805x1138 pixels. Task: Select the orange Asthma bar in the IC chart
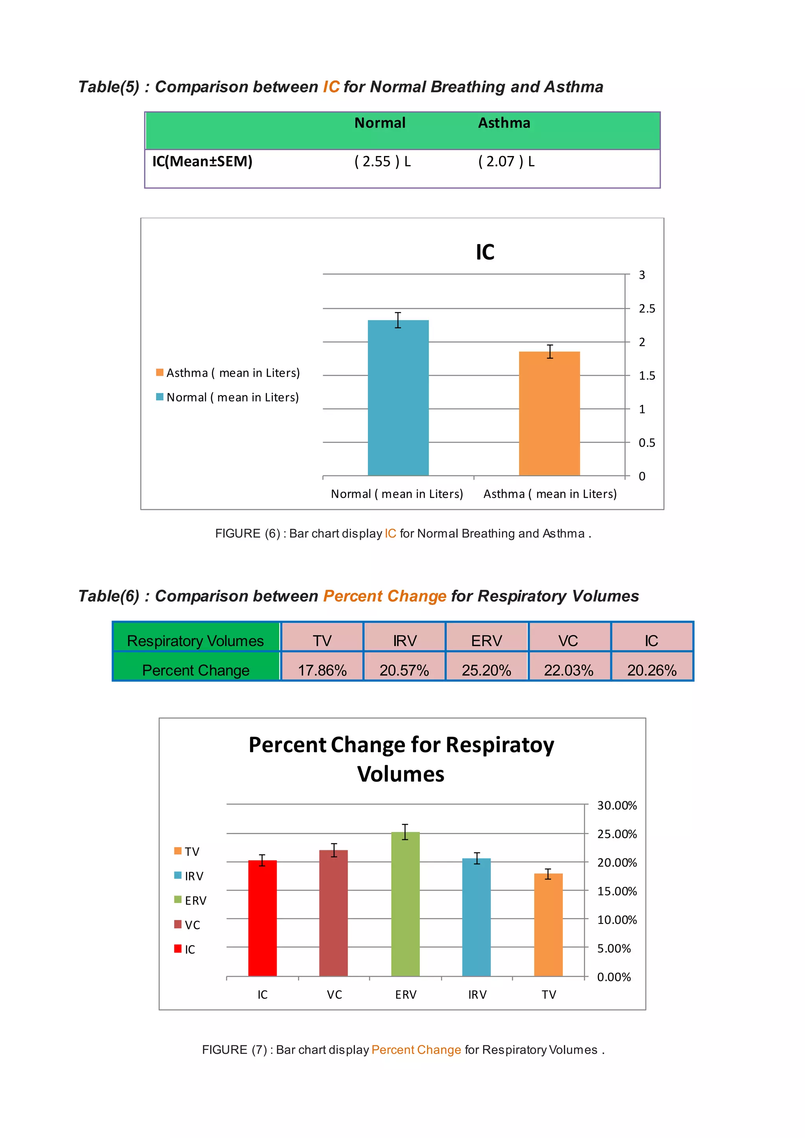click(549, 413)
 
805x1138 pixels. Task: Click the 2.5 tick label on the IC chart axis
click(646, 309)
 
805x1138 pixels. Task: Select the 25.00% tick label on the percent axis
click(617, 834)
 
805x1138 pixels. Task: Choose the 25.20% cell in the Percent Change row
click(486, 670)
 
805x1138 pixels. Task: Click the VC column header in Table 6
click(568, 641)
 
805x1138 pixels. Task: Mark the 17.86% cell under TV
click(322, 670)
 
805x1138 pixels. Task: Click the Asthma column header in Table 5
click(504, 123)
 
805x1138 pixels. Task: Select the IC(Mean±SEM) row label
click(202, 162)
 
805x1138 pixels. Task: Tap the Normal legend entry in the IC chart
click(232, 398)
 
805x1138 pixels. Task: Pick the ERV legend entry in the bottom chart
click(195, 901)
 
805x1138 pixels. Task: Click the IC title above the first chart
click(485, 252)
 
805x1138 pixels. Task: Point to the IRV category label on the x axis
click(477, 995)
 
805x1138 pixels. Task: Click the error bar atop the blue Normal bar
click(398, 320)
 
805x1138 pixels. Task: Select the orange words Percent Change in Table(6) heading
click(385, 596)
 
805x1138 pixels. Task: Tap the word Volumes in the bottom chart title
click(401, 774)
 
